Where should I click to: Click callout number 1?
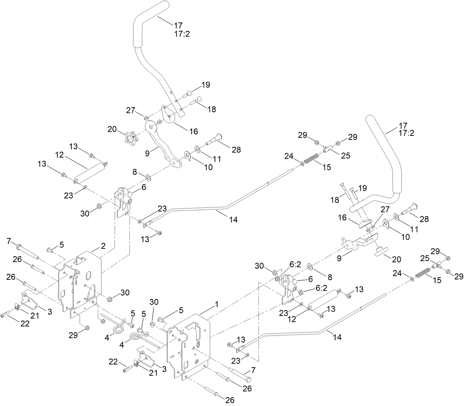click(217, 305)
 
